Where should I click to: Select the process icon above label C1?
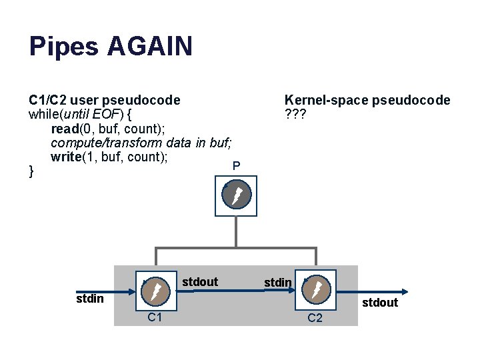coord(155,291)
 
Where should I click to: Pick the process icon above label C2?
coord(315,289)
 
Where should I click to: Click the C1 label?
coord(155,317)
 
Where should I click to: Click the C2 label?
coord(315,318)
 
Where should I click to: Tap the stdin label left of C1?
coord(89,298)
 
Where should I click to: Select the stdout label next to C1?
coord(200,282)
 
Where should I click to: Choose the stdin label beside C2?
coord(278,283)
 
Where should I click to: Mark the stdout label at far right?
coord(380,303)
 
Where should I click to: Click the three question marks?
coord(295,114)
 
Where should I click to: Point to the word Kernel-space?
coord(325,100)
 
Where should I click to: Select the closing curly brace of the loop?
coord(31,172)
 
